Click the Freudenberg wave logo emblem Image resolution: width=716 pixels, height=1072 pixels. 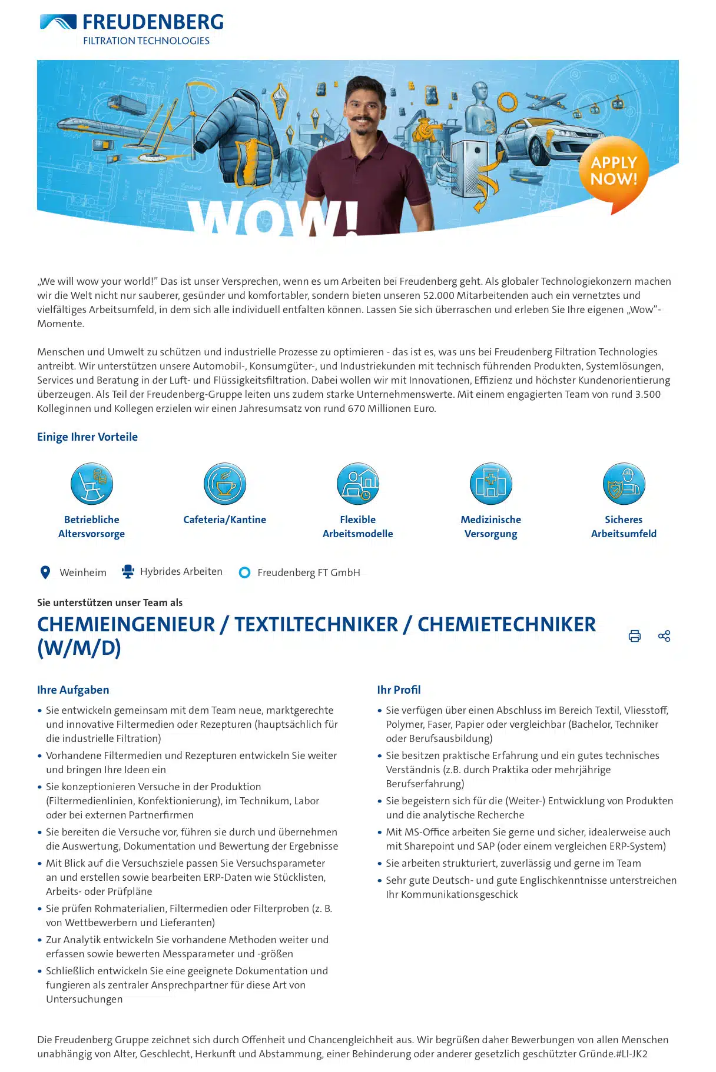point(58,22)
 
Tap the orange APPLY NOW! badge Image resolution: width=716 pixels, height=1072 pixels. point(614,172)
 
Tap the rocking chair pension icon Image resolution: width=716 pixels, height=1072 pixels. point(92,484)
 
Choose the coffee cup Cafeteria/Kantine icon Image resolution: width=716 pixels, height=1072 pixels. point(225,484)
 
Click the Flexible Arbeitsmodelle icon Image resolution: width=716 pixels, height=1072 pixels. point(358,484)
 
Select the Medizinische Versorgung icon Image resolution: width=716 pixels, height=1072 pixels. point(491,484)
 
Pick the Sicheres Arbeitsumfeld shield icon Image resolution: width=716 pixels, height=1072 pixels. point(624,484)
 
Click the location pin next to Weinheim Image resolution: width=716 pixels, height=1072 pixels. point(45,572)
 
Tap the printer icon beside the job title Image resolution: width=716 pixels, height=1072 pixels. point(635,636)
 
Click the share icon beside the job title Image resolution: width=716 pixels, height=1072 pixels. point(664,636)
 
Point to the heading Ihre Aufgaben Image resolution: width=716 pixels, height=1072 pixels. point(73,690)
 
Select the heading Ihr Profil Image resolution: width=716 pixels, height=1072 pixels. point(399,690)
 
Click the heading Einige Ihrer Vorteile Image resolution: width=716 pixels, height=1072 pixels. point(87,437)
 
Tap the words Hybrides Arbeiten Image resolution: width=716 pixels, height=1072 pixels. point(181,572)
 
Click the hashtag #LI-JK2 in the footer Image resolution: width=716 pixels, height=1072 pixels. point(631,1054)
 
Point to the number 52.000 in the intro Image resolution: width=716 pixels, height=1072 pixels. point(439,295)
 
